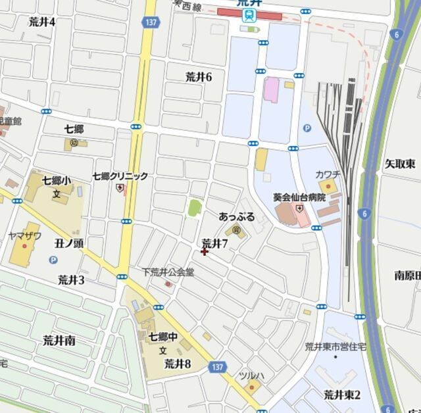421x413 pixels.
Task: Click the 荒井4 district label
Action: [42, 22]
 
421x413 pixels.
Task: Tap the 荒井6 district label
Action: [199, 77]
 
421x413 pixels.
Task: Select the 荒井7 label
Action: [214, 243]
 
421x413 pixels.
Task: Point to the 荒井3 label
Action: [71, 279]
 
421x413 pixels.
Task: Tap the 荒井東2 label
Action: [342, 395]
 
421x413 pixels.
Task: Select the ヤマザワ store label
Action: [24, 235]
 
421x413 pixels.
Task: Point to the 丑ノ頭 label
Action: [68, 243]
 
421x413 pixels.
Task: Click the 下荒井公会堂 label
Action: [168, 271]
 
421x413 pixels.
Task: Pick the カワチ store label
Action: [327, 174]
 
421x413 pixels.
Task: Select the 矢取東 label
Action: [399, 163]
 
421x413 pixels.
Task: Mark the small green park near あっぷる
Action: [194, 208]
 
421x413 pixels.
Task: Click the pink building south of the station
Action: [270, 89]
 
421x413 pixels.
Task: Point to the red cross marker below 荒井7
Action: [204, 251]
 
